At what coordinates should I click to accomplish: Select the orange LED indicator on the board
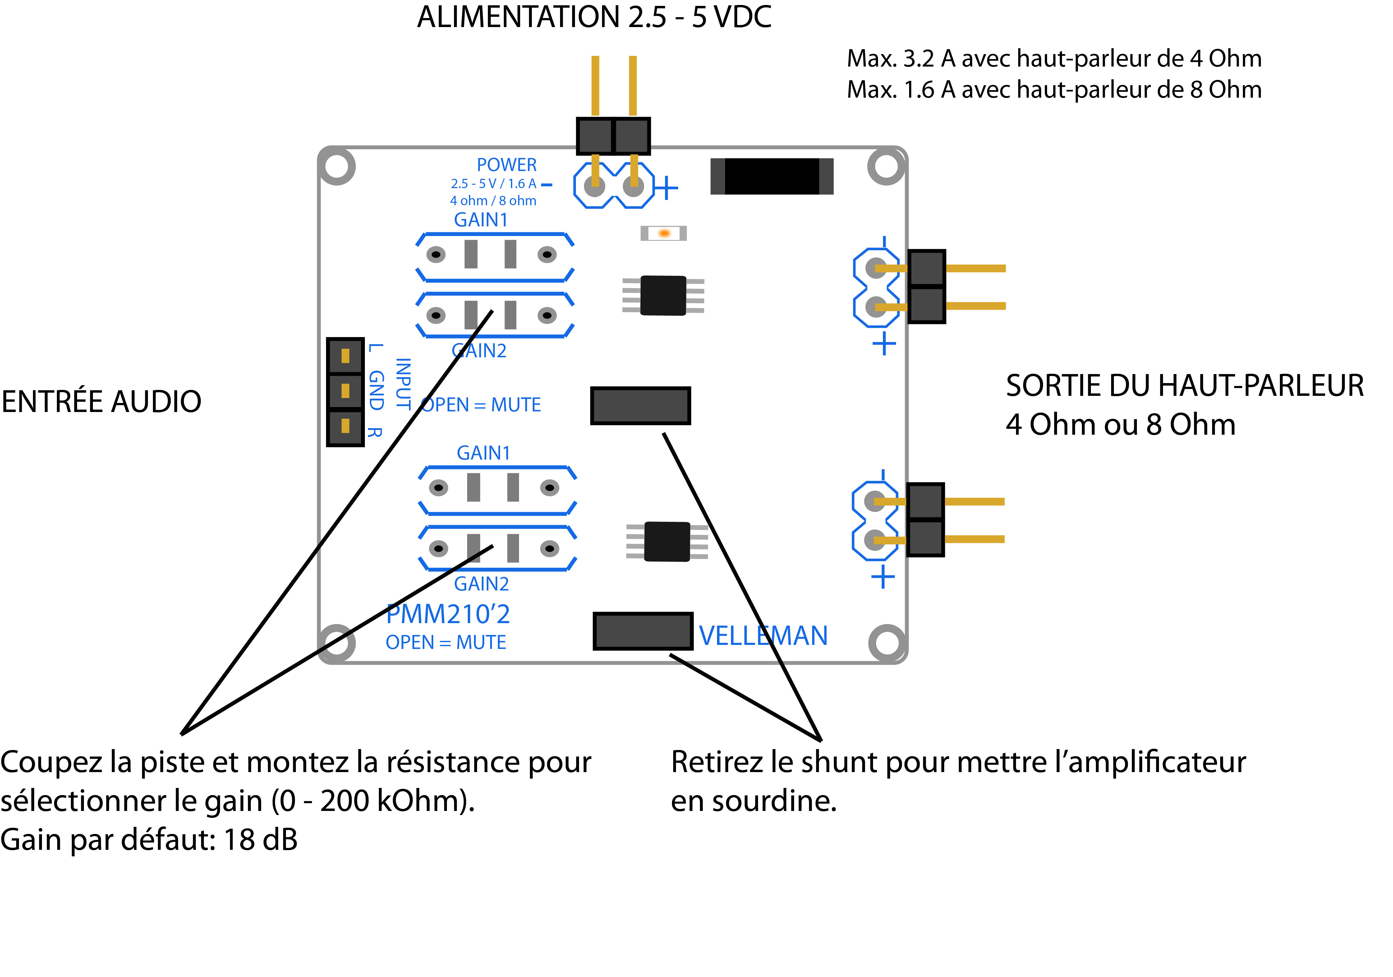[664, 233]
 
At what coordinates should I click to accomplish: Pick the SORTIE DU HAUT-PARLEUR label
[1184, 386]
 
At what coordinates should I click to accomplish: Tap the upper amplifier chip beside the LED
[663, 295]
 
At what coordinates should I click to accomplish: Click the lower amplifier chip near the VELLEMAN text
[667, 541]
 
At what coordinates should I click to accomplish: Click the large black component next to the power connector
[772, 177]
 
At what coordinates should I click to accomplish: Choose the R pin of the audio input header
[345, 426]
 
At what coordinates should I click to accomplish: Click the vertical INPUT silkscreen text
[403, 383]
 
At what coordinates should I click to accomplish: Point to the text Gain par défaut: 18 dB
[149, 840]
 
